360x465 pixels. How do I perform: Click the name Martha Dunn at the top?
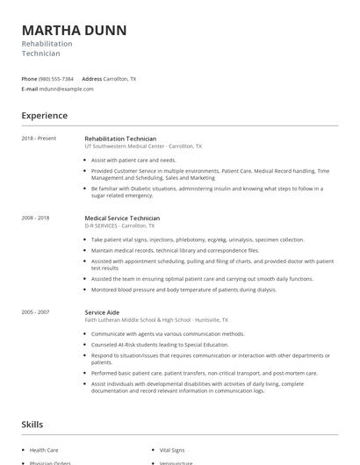[74, 30]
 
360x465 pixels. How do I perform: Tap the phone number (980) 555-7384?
[56, 79]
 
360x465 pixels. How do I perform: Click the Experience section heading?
[44, 116]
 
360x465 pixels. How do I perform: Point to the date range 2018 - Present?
[38, 139]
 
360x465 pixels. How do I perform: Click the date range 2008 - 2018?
[36, 218]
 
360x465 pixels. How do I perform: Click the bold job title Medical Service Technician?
[122, 218]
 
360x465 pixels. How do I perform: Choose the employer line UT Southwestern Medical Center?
[142, 147]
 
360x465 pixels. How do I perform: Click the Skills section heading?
[32, 425]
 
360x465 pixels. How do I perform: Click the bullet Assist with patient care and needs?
[133, 161]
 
